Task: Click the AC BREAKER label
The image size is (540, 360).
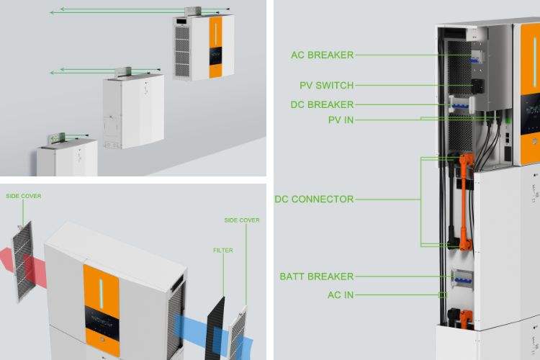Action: (x=323, y=55)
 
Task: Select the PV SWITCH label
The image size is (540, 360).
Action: (x=326, y=86)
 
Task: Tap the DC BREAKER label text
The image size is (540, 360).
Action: (x=322, y=104)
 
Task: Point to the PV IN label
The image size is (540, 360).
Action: (x=341, y=120)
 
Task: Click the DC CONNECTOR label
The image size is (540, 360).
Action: (x=314, y=199)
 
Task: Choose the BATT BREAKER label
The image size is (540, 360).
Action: (x=317, y=276)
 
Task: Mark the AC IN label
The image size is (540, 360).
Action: (x=341, y=295)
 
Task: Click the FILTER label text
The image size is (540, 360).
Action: (x=222, y=251)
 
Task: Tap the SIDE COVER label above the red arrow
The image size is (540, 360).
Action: (x=24, y=196)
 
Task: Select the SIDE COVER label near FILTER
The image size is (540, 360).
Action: (x=242, y=220)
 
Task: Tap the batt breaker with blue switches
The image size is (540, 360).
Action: (x=462, y=279)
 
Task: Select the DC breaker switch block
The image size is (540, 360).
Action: (x=462, y=104)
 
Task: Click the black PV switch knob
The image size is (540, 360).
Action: (x=478, y=86)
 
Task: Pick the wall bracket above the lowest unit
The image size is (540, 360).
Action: (x=57, y=138)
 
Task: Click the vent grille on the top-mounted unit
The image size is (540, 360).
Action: (x=182, y=51)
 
